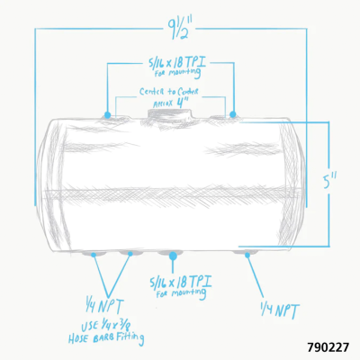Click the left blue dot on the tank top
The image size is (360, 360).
click(x=108, y=115)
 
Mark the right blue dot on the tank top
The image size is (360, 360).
click(x=233, y=115)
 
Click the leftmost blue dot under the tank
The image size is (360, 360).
click(x=95, y=255)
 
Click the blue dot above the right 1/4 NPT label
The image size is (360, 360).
click(x=248, y=255)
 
